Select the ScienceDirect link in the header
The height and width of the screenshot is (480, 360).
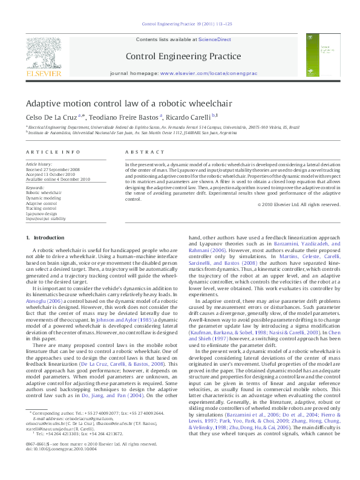tap(215, 39)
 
